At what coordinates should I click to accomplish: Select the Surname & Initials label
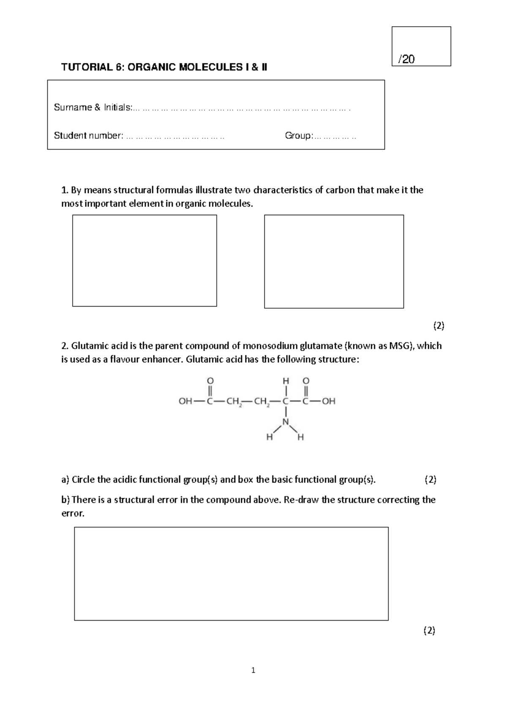coord(93,107)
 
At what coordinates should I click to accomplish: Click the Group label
coord(298,136)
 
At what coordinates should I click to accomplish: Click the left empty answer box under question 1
coord(144,260)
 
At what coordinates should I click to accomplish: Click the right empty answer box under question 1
coord(334,261)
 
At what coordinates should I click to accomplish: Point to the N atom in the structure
coord(286,421)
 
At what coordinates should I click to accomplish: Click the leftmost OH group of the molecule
coord(185,401)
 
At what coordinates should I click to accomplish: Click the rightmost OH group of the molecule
coord(329,401)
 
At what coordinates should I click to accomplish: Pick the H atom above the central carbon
coord(286,380)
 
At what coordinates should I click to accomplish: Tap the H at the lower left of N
coord(269,438)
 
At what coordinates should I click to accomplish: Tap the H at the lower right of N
coord(300,438)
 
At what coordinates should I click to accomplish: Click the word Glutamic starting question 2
coord(88,346)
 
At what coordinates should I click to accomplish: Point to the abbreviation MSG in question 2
coord(398,346)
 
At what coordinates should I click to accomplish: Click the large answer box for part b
coord(231,574)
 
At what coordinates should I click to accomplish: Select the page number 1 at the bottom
coord(253,670)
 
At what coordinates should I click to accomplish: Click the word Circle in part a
coord(83,479)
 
